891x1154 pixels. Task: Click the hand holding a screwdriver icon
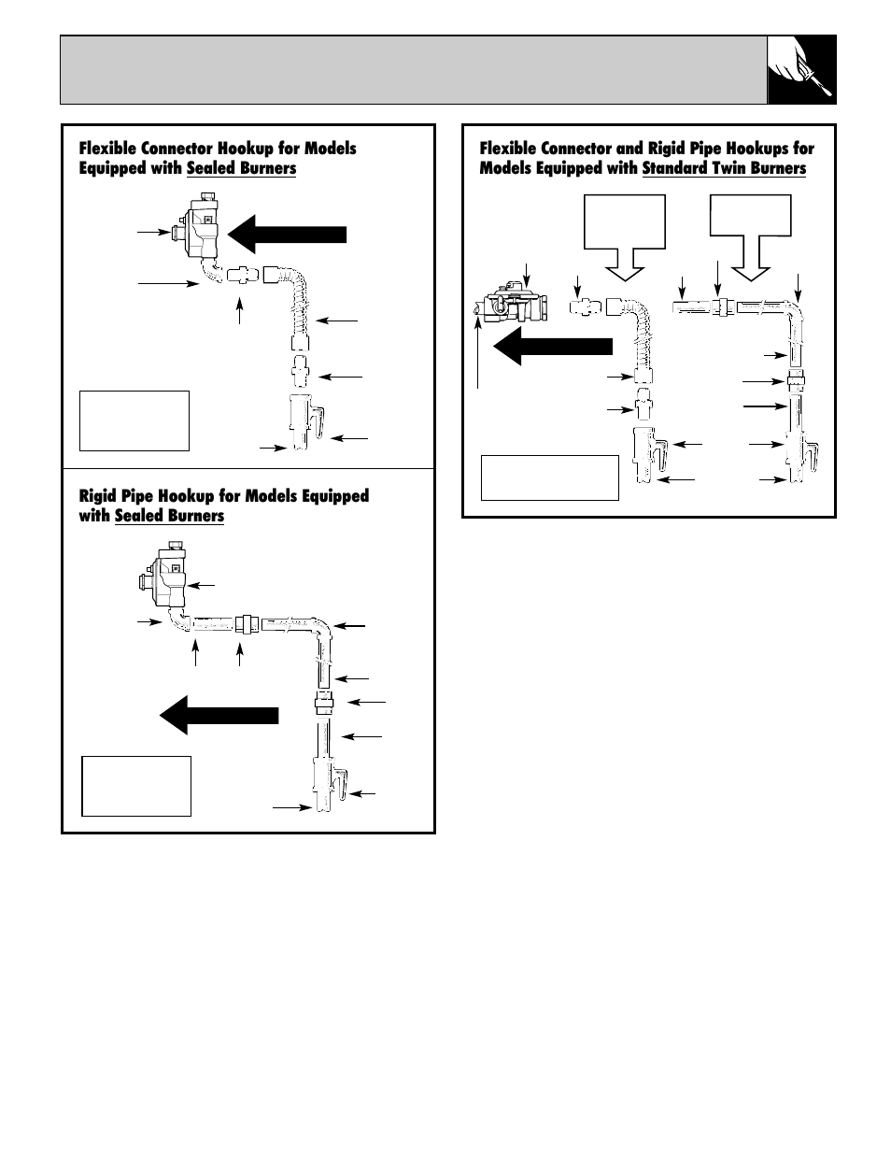(x=801, y=70)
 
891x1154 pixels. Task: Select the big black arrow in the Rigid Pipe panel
(x=219, y=715)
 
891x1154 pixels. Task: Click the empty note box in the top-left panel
(x=134, y=420)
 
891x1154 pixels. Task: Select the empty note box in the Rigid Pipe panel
(x=136, y=786)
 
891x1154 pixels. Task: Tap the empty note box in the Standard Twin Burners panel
(x=549, y=477)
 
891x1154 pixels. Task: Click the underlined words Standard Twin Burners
(x=724, y=168)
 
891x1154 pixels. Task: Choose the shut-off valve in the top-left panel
(x=305, y=421)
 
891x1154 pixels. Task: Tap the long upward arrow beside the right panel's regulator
(x=478, y=350)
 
